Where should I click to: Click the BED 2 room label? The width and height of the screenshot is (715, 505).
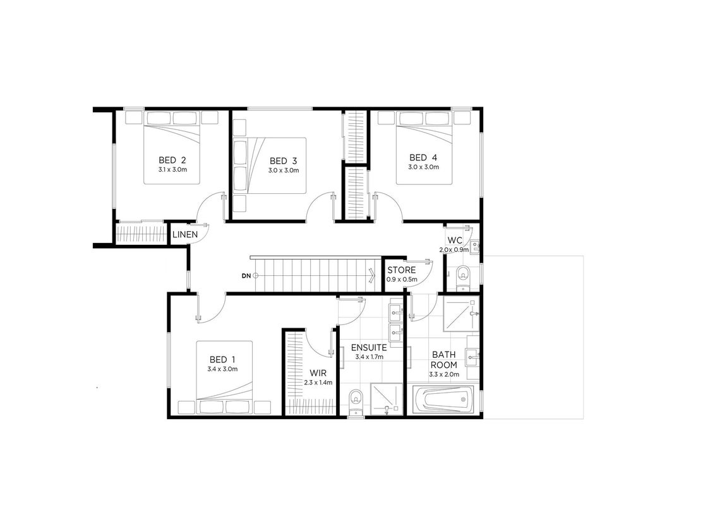(x=172, y=160)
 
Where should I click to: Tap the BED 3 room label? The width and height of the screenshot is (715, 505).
(x=283, y=161)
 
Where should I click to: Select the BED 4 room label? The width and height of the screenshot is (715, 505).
(x=423, y=158)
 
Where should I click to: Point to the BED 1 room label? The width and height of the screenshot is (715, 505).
(x=222, y=360)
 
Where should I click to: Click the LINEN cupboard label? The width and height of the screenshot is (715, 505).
(x=185, y=235)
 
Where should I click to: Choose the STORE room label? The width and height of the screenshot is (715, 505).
(x=402, y=270)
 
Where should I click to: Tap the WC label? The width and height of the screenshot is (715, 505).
(x=455, y=241)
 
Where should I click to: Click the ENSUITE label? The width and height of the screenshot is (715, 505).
(x=369, y=348)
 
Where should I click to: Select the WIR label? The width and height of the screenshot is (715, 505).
(x=318, y=373)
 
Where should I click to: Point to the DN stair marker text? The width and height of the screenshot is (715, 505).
(x=246, y=276)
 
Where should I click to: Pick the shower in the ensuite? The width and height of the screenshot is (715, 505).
(x=386, y=399)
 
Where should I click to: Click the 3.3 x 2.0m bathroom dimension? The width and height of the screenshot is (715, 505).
(x=444, y=375)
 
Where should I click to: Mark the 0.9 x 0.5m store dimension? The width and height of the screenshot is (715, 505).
(x=402, y=280)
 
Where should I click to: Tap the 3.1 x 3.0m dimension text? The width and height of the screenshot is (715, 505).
(x=172, y=170)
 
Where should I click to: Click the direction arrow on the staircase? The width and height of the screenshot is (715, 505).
(x=372, y=275)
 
